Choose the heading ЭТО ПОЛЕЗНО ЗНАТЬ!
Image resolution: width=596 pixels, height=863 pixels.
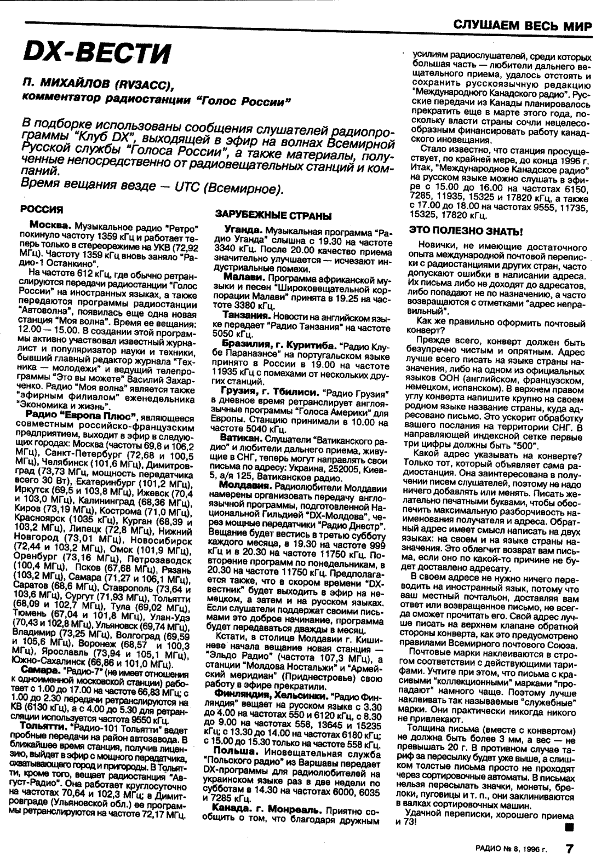pyautogui.click(x=468, y=231)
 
